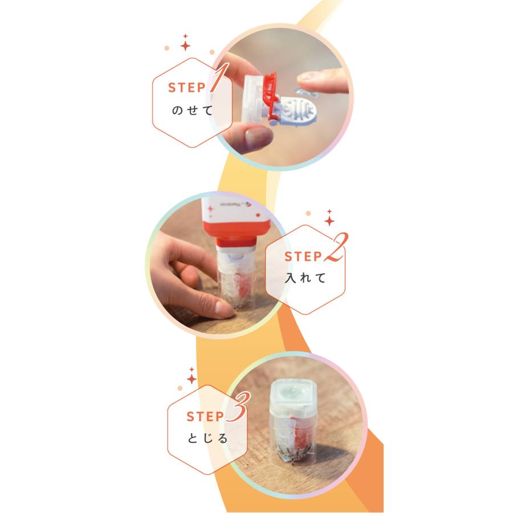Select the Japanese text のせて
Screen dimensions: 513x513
pos(192,110)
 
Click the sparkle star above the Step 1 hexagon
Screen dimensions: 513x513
pos(185,43)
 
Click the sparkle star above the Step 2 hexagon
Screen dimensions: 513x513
pos(329,219)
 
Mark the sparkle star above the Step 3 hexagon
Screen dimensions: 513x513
pos(192,378)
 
